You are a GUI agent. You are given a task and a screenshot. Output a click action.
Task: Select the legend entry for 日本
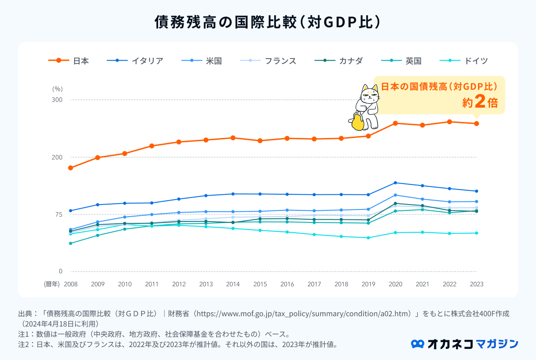pos(69,61)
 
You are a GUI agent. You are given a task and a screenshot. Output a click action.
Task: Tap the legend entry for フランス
pos(268,61)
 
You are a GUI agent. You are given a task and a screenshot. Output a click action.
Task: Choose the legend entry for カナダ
pos(339,61)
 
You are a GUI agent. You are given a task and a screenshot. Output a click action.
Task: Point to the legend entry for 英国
pos(402,61)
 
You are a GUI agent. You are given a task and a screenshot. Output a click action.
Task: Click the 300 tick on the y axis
pos(57,100)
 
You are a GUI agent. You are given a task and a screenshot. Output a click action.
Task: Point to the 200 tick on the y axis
pos(57,157)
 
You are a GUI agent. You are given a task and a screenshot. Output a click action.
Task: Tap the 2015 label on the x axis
pos(260,284)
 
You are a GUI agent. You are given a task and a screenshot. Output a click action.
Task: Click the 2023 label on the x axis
pos(477,284)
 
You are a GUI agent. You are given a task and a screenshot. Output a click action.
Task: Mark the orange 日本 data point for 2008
pos(71,168)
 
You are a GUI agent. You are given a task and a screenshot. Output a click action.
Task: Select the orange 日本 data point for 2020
pos(395,123)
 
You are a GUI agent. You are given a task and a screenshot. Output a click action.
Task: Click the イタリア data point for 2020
pos(395,183)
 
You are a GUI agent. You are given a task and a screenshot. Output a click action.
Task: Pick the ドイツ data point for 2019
pos(368,238)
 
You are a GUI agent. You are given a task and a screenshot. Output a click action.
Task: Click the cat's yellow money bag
pos(357,122)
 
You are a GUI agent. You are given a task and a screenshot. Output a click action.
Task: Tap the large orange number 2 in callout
pos(480,102)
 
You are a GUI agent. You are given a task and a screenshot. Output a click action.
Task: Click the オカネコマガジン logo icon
pos(417,344)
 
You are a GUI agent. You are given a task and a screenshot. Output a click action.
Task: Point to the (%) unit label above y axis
pos(57,89)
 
